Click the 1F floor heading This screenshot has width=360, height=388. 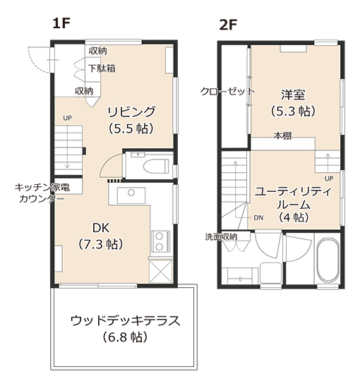pyautogui.click(x=61, y=24)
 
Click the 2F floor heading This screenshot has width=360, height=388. pyautogui.click(x=228, y=25)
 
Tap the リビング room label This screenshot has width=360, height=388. pyautogui.click(x=131, y=111)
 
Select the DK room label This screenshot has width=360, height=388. pyautogui.click(x=101, y=228)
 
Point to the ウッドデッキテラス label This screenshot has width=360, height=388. pyautogui.click(x=125, y=321)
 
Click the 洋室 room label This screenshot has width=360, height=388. pyautogui.click(x=293, y=95)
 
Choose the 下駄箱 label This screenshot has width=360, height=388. pyautogui.click(x=102, y=68)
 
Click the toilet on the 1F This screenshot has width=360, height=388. pyautogui.click(x=155, y=165)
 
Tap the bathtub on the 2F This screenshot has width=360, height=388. pyautogui.click(x=328, y=260)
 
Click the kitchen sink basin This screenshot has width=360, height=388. pyautogui.click(x=131, y=195)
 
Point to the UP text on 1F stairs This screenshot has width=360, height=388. pyautogui.click(x=67, y=119)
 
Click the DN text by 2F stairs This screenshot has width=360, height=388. pyautogui.click(x=258, y=218)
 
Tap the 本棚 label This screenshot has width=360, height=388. pyautogui.click(x=282, y=135)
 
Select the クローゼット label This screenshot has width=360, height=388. pyautogui.click(x=227, y=91)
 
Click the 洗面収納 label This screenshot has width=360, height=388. pyautogui.click(x=221, y=237)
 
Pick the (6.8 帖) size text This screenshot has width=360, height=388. pyautogui.click(x=125, y=337)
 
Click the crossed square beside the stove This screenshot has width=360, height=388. pyautogui.click(x=160, y=271)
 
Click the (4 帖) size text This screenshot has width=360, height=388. pyautogui.click(x=294, y=217)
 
